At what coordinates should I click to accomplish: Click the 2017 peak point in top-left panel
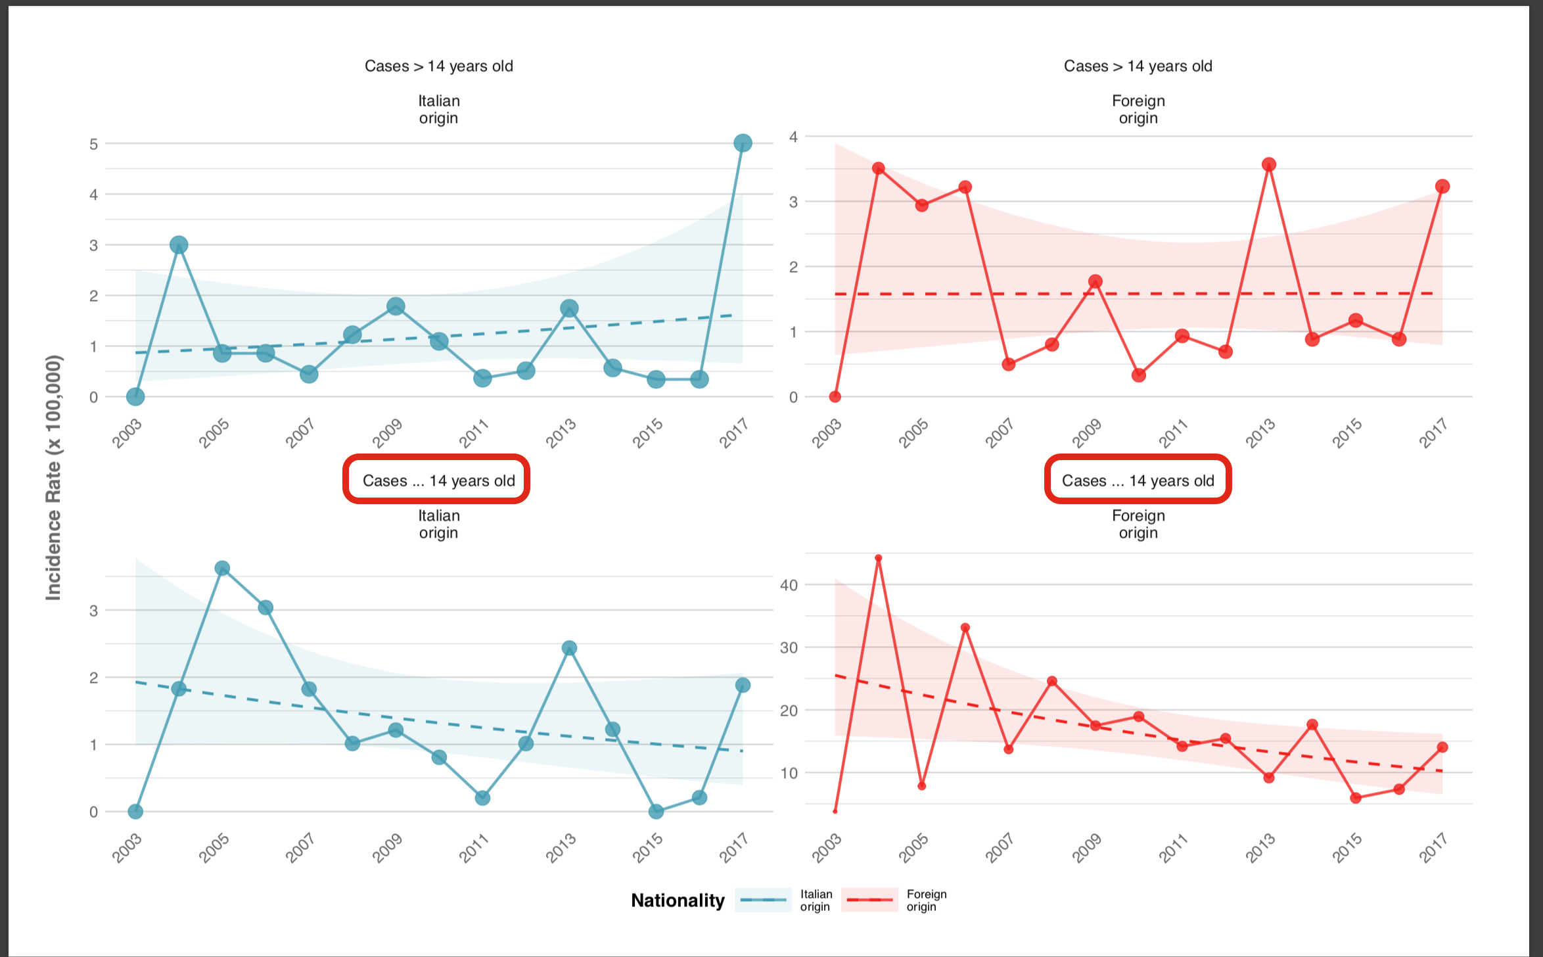tap(743, 143)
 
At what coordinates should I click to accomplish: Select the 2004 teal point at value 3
tap(179, 245)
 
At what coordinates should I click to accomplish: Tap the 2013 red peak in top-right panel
tap(1269, 164)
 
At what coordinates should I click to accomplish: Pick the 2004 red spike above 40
tap(879, 558)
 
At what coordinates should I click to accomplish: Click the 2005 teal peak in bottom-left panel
tap(222, 569)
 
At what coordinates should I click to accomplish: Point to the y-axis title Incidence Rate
tap(53, 477)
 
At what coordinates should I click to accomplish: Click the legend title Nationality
tap(678, 900)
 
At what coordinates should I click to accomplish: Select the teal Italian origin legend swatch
tap(763, 900)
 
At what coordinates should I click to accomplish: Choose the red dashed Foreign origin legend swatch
tap(869, 900)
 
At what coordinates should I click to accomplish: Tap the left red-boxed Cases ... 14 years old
tap(437, 480)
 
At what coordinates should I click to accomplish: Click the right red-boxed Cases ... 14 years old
tap(1138, 480)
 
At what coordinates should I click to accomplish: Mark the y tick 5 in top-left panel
tap(94, 144)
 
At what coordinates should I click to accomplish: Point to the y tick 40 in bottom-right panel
tap(789, 585)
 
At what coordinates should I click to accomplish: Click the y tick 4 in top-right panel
tap(794, 137)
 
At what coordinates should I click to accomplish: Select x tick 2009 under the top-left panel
tap(388, 433)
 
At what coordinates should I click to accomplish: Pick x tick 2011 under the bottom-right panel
tap(1174, 848)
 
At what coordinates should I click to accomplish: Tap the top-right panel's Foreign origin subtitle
tap(1138, 110)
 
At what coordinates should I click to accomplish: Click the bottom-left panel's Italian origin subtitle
tap(438, 524)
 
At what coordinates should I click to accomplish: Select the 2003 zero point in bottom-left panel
tap(135, 812)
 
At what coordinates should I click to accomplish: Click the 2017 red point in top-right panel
tap(1442, 187)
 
